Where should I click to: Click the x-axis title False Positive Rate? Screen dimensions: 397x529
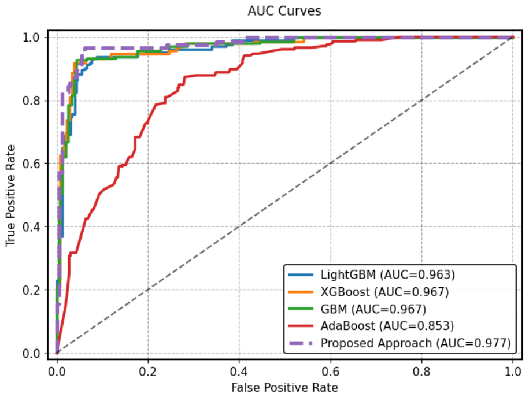coord(284,387)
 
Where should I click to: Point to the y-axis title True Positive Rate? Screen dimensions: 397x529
coord(11,195)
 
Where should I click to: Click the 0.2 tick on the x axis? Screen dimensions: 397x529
coord(147,370)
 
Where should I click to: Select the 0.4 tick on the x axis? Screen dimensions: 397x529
coord(239,370)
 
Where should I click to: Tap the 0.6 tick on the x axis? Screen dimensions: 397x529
coord(330,370)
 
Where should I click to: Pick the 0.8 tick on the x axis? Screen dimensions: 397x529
coord(421,370)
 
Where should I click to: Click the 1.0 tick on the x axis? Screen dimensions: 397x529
coord(513,370)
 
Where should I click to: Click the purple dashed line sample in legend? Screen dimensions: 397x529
coord(302,343)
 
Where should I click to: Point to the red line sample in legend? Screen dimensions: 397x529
coord(302,326)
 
